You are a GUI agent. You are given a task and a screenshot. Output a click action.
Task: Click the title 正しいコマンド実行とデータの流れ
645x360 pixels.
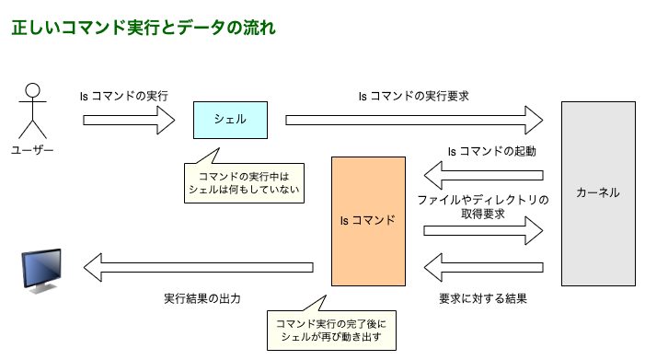[143, 28]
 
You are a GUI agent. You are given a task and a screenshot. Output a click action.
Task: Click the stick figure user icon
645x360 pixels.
[33, 110]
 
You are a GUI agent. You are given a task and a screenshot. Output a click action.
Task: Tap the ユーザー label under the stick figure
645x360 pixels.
[33, 150]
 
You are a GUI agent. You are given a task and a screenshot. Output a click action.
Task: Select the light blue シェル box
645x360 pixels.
[230, 120]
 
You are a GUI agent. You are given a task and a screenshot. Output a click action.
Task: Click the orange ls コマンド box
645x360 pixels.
[368, 221]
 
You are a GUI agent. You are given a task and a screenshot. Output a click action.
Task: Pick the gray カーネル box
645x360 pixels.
[598, 193]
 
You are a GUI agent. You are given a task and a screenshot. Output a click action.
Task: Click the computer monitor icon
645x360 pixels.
[42, 268]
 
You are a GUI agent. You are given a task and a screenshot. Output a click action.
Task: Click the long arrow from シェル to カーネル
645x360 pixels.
[414, 120]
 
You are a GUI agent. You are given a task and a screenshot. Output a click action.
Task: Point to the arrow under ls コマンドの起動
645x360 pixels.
[483, 175]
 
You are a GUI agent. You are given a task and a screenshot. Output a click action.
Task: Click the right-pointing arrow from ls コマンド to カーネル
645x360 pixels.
[483, 230]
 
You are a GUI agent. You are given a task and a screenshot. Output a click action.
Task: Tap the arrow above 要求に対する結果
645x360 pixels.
[483, 268]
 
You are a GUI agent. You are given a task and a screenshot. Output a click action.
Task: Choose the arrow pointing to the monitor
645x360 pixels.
[198, 268]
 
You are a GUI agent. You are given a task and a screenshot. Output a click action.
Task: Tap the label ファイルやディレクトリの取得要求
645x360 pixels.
[483, 206]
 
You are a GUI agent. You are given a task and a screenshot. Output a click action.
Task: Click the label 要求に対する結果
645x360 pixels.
[483, 298]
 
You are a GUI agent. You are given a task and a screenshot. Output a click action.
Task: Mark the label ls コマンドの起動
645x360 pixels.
[491, 151]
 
